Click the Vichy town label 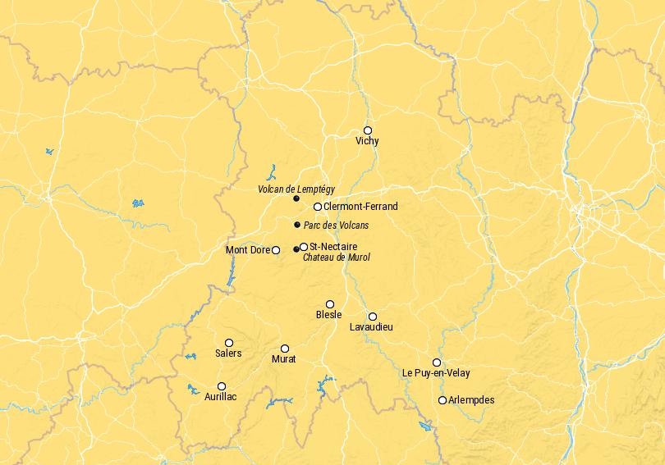[x=367, y=141]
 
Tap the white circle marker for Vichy [x=368, y=130]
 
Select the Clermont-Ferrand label [x=360, y=207]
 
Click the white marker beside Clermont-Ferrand [x=318, y=207]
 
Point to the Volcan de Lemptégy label [x=296, y=189]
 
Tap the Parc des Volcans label [x=337, y=226]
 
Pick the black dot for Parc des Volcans [x=297, y=225]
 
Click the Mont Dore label [x=247, y=250]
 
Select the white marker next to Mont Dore [x=276, y=250]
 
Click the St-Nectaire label [x=333, y=247]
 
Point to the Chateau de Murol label [x=337, y=258]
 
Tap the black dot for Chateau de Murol [x=296, y=249]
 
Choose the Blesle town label [x=328, y=315]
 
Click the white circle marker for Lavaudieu [x=373, y=317]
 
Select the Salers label [x=228, y=353]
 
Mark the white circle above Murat [x=285, y=349]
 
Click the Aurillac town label [x=221, y=397]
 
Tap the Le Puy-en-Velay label [x=436, y=373]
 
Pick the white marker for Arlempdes [x=443, y=400]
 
